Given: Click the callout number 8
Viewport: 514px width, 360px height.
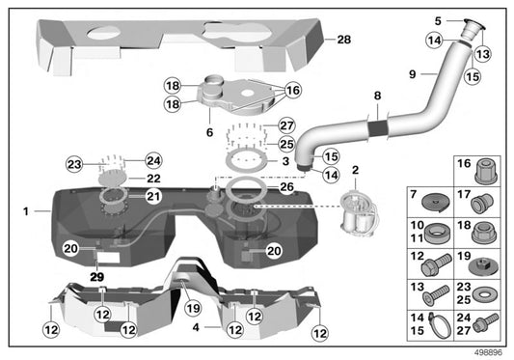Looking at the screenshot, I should pyautogui.click(x=377, y=96).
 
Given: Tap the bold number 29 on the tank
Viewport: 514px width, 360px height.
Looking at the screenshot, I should pyautogui.click(x=97, y=276).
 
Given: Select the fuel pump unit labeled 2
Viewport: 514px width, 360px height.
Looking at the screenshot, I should pyautogui.click(x=356, y=214).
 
